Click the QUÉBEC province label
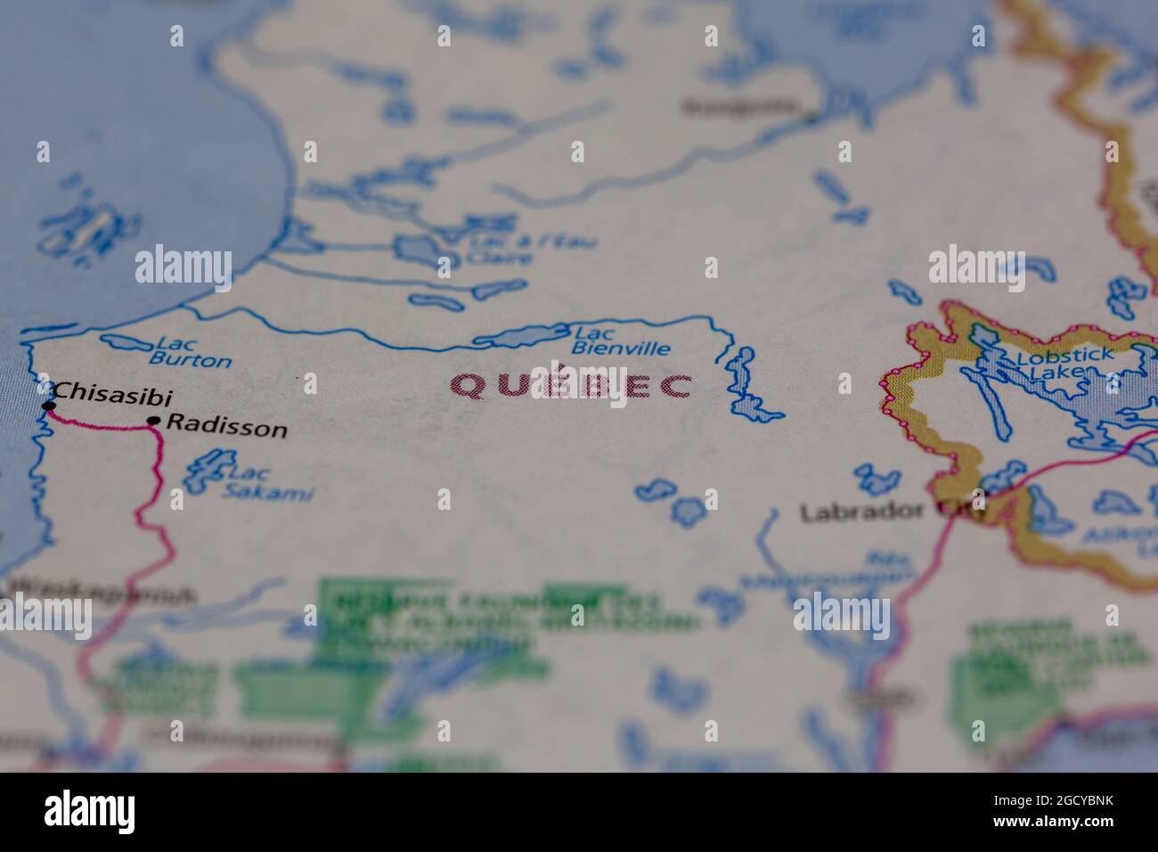(570, 386)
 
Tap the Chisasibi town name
(112, 392)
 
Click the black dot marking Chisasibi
(49, 406)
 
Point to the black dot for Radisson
(154, 421)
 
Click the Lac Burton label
(190, 353)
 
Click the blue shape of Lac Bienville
(521, 336)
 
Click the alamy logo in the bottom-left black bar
(89, 812)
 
